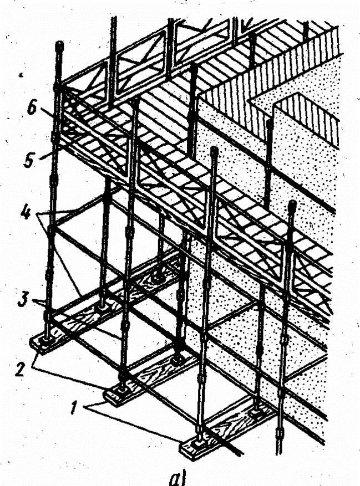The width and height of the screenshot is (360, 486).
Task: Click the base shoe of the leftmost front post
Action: (46, 339)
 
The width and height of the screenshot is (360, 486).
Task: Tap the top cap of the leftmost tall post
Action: (59, 45)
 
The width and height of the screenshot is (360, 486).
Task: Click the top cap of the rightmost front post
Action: (292, 206)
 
